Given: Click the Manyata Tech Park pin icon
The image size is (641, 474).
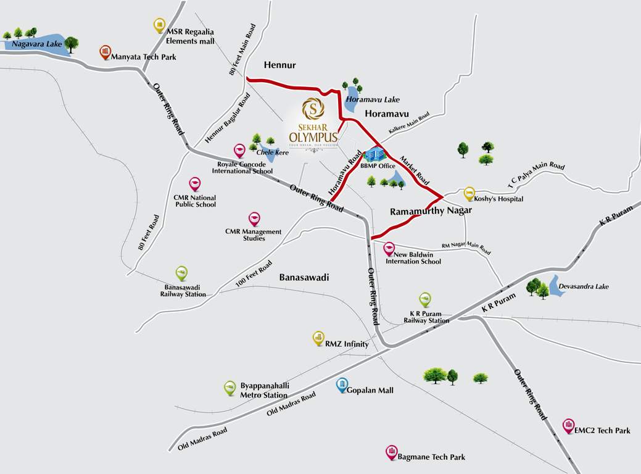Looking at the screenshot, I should (105, 52).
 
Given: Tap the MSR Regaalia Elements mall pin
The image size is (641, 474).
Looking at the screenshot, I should (159, 25).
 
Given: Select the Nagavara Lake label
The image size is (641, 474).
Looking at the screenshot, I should (30, 44).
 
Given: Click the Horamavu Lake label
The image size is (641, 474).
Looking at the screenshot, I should (373, 99).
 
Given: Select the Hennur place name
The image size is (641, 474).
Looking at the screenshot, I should (280, 65).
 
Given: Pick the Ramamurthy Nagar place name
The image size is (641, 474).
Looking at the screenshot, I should (431, 210).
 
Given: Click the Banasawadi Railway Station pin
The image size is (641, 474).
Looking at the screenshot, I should (181, 273).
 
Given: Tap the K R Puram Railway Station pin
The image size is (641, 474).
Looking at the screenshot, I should (425, 299).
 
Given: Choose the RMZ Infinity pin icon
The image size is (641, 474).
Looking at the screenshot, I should (318, 338).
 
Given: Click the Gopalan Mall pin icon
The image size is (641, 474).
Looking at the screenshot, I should (342, 385).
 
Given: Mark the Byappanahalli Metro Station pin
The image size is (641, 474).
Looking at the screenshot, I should (230, 388).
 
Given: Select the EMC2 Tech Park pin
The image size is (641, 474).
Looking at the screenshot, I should (568, 425).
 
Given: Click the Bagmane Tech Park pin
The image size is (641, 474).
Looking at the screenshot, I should (391, 452).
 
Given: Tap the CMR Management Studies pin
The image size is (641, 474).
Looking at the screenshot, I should (254, 218).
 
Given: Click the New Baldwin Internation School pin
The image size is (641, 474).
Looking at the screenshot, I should (389, 249).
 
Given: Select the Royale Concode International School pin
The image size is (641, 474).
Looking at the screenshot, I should (239, 151).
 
